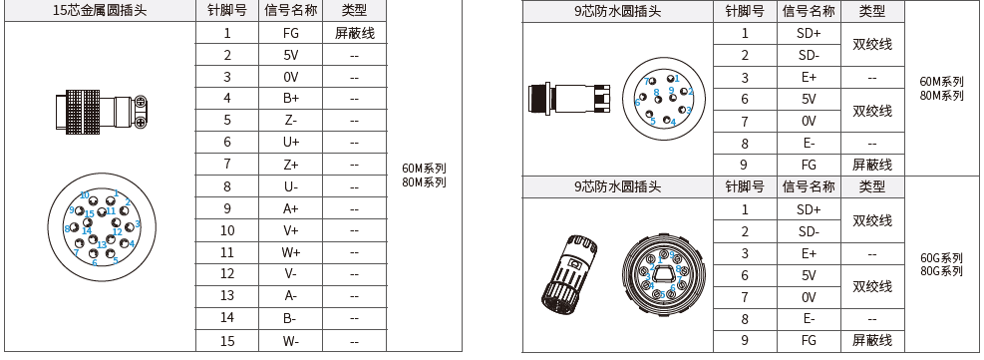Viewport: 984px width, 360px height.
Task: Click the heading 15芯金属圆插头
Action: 100,11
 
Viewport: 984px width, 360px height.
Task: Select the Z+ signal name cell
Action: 290,165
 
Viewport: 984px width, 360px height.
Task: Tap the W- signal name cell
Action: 290,341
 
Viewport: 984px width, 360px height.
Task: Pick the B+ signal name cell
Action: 290,99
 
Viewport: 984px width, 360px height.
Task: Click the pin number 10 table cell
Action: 227,230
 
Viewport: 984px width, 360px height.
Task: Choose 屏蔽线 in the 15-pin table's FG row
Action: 355,33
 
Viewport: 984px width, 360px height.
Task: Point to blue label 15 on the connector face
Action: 90,213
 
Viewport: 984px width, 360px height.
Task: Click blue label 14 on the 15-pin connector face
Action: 87,230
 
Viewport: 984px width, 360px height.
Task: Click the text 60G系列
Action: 941,257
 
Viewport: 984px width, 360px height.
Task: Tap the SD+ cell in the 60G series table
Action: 809,209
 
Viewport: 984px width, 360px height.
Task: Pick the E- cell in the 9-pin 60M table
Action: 809,143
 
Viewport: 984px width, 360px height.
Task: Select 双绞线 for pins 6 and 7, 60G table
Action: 872,286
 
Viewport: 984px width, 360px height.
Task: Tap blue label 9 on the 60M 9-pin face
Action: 671,90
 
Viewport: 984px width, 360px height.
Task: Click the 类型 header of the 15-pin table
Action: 355,11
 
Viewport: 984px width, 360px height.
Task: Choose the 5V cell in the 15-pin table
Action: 290,55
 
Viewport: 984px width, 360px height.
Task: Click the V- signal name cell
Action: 290,274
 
